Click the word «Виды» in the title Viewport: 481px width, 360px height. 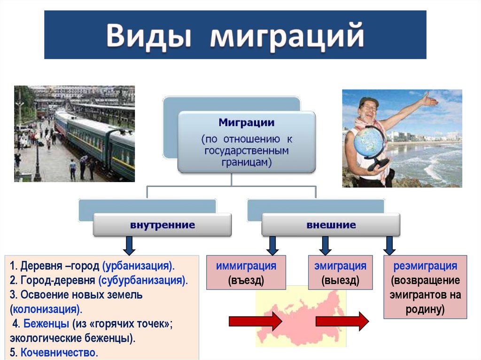pyautogui.click(x=148, y=37)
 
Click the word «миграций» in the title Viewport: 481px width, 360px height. pyautogui.click(x=287, y=37)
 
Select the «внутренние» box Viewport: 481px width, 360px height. pyautogui.click(x=162, y=225)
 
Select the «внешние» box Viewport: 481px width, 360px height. pyautogui.click(x=331, y=225)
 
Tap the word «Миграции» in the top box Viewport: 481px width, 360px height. pyautogui.click(x=246, y=123)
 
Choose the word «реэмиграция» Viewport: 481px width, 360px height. pyautogui.click(x=425, y=266)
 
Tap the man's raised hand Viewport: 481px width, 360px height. pyautogui.click(x=429, y=100)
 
